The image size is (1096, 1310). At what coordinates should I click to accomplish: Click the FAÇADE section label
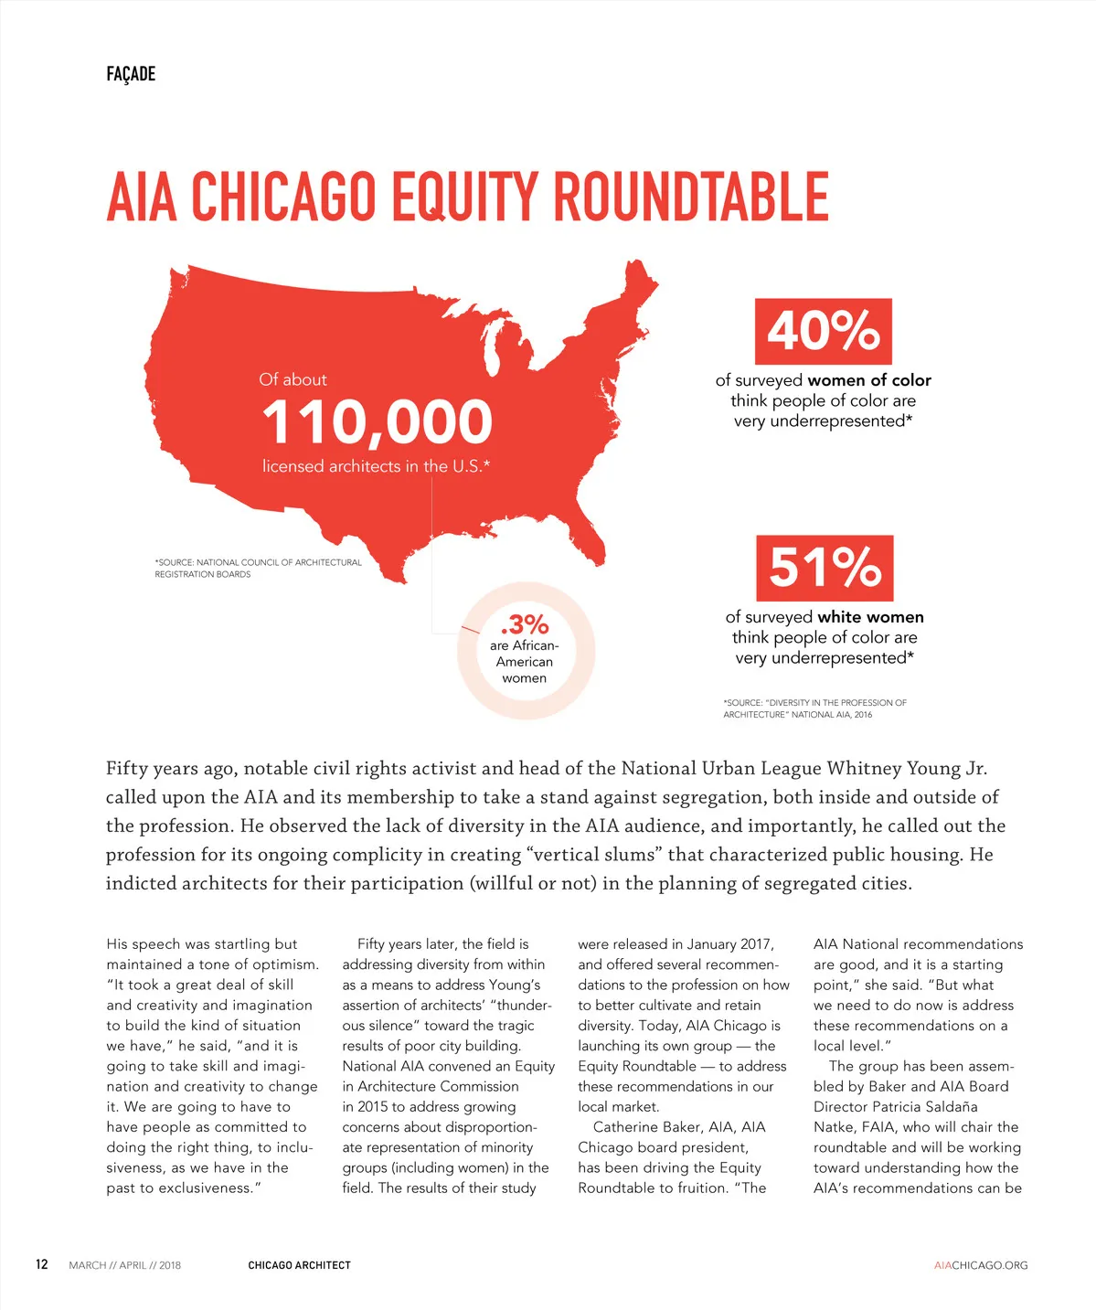[131, 74]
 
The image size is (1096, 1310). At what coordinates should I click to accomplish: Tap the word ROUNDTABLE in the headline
[691, 197]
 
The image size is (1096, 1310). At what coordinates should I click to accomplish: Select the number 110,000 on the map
[377, 421]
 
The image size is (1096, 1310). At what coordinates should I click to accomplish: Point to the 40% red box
[823, 331]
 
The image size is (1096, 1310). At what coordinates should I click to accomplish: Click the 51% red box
[824, 568]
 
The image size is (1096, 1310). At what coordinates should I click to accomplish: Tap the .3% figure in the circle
[525, 624]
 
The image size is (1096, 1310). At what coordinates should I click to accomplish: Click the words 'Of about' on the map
[293, 379]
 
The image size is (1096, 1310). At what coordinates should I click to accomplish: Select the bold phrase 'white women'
[871, 617]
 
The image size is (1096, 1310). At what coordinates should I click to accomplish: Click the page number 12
[42, 1264]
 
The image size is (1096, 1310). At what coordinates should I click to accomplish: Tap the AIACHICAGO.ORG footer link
[981, 1265]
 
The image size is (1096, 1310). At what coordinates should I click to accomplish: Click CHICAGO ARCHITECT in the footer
[299, 1265]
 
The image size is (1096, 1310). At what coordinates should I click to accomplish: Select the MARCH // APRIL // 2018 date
[124, 1265]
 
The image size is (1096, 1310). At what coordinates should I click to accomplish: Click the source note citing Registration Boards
[258, 568]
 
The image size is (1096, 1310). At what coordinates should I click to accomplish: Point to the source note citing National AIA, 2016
[814, 708]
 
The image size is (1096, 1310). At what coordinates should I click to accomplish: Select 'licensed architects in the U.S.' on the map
[376, 466]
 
